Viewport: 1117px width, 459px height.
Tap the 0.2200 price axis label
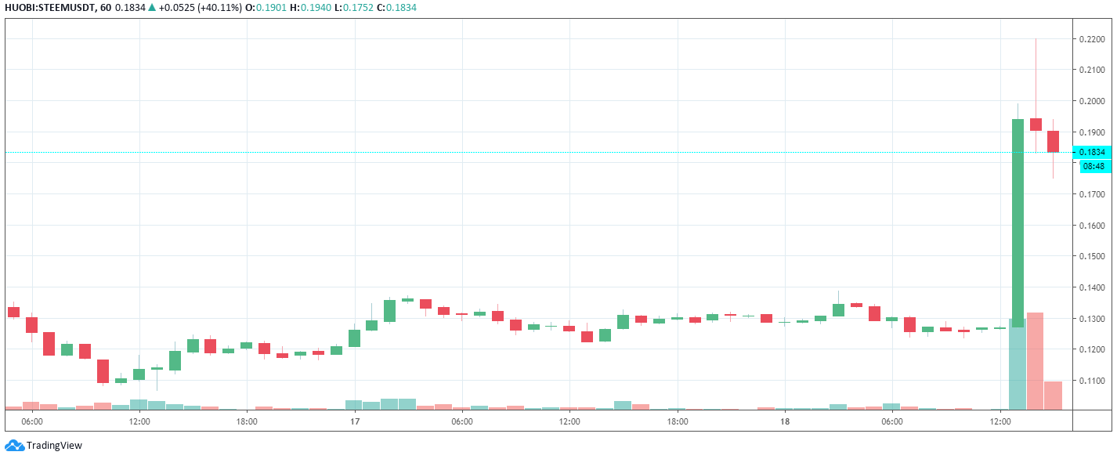pyautogui.click(x=1094, y=38)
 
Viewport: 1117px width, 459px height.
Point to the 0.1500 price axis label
pyautogui.click(x=1094, y=256)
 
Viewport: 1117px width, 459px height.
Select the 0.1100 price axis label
pyautogui.click(x=1094, y=381)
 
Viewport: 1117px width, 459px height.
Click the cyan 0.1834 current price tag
pyautogui.click(x=1094, y=152)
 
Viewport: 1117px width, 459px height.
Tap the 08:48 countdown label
pyautogui.click(x=1094, y=166)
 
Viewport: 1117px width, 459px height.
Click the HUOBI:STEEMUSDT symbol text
pyautogui.click(x=49, y=8)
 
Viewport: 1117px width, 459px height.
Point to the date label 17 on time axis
pyautogui.click(x=355, y=421)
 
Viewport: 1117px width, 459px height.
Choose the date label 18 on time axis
pyautogui.click(x=785, y=421)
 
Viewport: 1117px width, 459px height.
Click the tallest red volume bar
pyautogui.click(x=1035, y=360)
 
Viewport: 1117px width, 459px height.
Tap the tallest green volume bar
pyautogui.click(x=1018, y=364)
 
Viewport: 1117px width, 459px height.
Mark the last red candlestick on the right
pyautogui.click(x=1053, y=141)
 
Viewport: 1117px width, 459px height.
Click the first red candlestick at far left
pyautogui.click(x=13, y=312)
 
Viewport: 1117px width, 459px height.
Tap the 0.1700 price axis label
pyautogui.click(x=1094, y=194)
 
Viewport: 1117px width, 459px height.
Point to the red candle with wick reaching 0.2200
pyautogui.click(x=1036, y=124)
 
